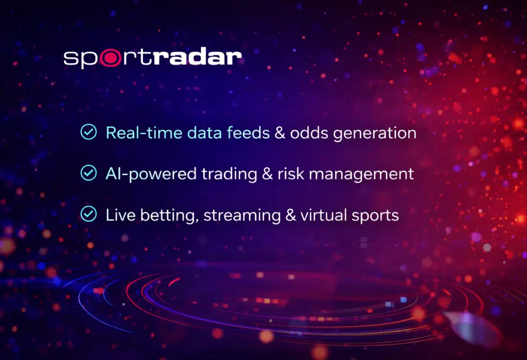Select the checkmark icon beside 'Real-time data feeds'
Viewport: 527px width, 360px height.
89,132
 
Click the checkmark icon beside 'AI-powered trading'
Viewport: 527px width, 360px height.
89,173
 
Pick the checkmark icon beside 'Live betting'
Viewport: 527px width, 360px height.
89,214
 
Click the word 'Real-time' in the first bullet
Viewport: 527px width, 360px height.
136,133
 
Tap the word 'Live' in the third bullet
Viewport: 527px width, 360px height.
117,214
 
